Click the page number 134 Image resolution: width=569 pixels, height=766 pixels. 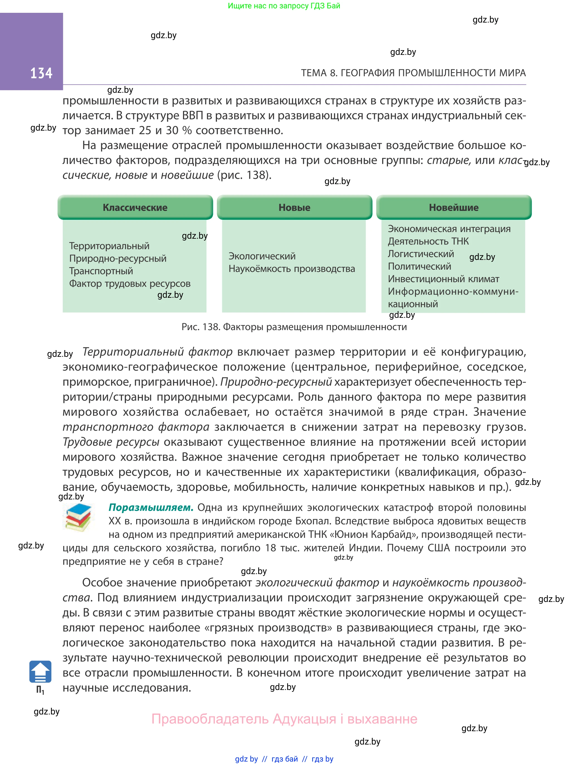(41, 73)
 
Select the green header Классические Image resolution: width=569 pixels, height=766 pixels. (135, 207)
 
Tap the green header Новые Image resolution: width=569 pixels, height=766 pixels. (294, 207)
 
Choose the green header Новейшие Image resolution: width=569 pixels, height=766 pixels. (454, 207)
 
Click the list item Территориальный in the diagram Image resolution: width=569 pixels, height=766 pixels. (109, 246)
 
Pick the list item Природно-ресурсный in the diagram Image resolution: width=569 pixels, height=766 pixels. (118, 258)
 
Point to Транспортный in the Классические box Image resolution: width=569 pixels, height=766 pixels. (101, 271)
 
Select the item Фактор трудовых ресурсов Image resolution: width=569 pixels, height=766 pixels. (130, 284)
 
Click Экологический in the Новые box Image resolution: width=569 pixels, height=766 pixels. (262, 256)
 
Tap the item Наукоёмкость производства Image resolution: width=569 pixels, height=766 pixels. (292, 269)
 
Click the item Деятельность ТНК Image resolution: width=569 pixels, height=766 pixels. (428, 241)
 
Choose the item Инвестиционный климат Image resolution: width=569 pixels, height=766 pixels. (443, 279)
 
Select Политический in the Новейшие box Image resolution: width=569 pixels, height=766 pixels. (419, 266)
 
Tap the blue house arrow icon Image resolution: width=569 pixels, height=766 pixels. (40, 672)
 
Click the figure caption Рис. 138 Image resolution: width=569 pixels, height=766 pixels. (294, 327)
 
